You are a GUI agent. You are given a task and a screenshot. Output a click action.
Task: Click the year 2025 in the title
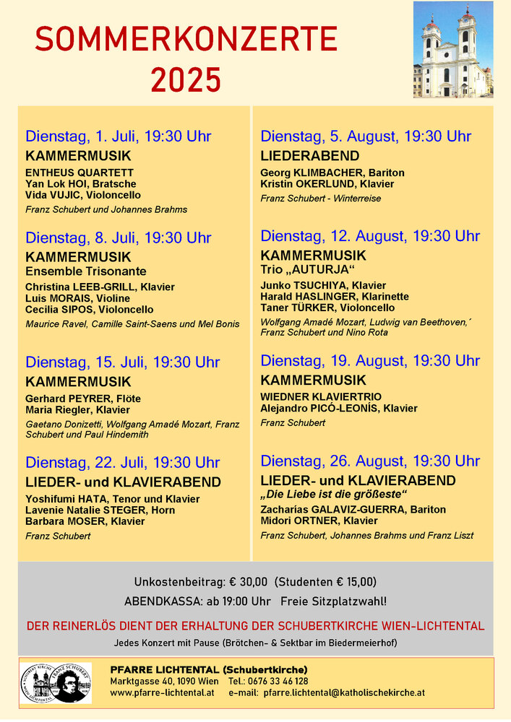186,78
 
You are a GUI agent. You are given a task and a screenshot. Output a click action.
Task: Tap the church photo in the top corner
453,50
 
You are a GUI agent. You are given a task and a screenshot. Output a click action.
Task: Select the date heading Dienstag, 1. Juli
119,136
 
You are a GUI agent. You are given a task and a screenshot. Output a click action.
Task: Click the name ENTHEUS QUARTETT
80,173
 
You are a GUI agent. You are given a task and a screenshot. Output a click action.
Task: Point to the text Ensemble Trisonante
86,271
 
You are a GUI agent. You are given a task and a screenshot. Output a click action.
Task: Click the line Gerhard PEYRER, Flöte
83,399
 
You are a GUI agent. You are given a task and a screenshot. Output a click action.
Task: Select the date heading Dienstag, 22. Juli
123,463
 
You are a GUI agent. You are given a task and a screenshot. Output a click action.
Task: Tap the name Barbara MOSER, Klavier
85,521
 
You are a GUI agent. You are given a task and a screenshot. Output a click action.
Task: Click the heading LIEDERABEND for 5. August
310,156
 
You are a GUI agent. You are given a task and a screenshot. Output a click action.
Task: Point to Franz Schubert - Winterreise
321,199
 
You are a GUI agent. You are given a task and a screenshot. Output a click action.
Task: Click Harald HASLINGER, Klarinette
335,297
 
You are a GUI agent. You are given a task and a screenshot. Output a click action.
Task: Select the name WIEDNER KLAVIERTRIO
321,397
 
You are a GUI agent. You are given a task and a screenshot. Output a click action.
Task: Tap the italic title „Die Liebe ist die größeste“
334,495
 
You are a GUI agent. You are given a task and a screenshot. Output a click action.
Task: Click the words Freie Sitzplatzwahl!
334,601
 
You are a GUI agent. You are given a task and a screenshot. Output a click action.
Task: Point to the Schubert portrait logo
57,682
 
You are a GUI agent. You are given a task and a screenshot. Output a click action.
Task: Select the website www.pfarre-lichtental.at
163,692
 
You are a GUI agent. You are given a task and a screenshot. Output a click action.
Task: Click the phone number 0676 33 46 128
277,681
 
